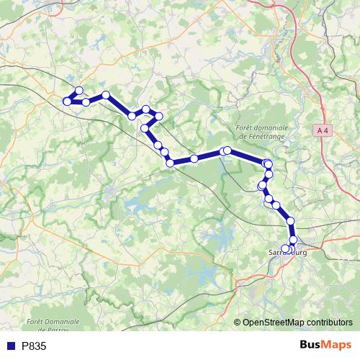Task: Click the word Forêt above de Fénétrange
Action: [246, 126]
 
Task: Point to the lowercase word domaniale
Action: [270, 126]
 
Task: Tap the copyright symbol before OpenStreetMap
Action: [238, 323]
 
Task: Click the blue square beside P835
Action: [10, 346]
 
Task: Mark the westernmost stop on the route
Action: [68, 102]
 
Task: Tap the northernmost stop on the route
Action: [79, 91]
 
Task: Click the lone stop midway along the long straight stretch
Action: [194, 158]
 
